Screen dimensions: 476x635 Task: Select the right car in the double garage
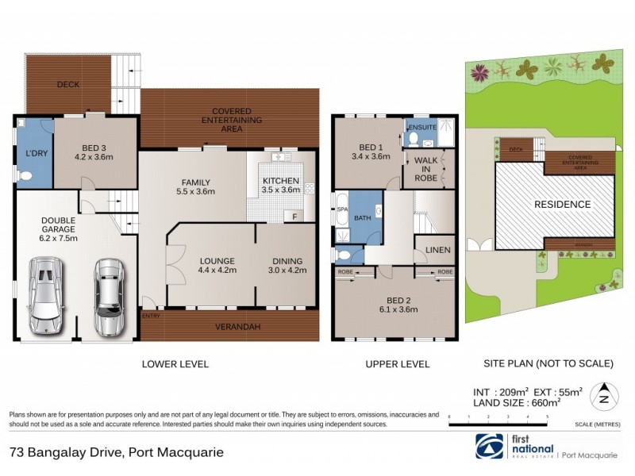[x=108, y=297]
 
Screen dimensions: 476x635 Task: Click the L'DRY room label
[x=34, y=152]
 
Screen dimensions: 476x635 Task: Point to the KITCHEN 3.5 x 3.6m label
[x=280, y=185]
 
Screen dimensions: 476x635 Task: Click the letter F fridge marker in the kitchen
[x=294, y=216]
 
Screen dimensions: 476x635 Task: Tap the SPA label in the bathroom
[x=342, y=209]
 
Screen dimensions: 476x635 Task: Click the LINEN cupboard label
[x=437, y=250]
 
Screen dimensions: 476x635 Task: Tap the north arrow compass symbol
[x=605, y=393]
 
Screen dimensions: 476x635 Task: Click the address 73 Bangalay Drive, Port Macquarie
[x=117, y=453]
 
